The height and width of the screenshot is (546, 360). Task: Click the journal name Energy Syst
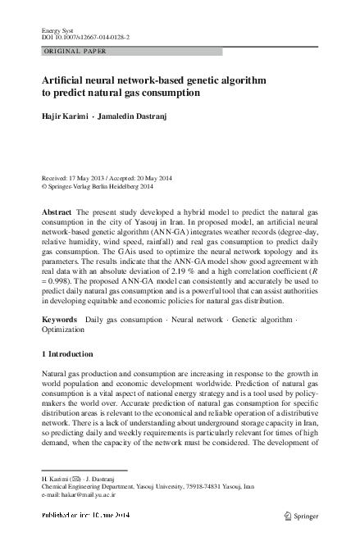(x=57, y=30)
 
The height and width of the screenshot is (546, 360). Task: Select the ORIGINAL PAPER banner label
(x=75, y=52)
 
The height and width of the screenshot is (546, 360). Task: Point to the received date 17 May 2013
(x=86, y=177)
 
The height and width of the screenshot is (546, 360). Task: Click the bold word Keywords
(x=59, y=317)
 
